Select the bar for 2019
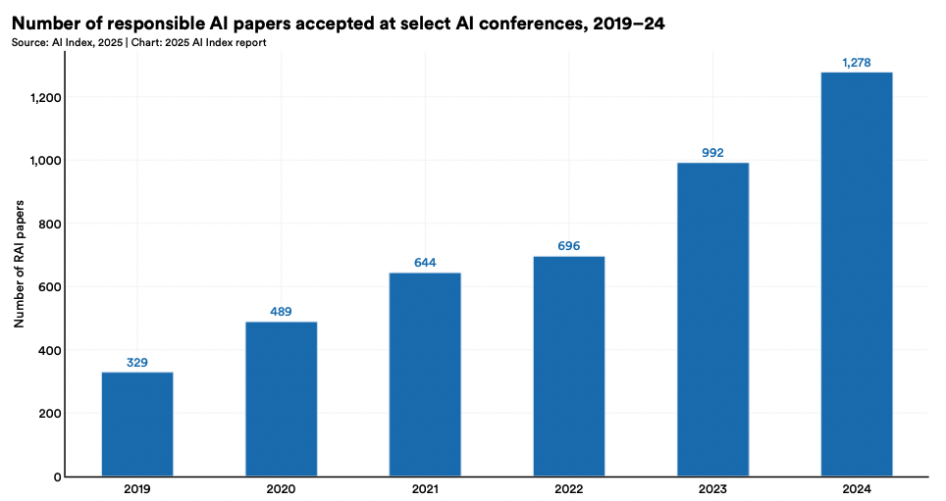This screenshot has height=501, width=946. pos(137,424)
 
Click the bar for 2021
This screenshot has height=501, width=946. pos(425,375)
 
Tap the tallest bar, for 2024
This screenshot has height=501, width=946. pos(857,275)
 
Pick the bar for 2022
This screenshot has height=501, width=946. pos(569,366)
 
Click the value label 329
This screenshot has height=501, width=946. pos(137,363)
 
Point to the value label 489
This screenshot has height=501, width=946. pos(281,312)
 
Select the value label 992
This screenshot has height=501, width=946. pos(712,153)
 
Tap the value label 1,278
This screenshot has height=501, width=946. pos(857,63)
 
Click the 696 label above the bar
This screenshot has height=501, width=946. pos(569,246)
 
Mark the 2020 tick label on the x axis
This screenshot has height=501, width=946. pos(281,489)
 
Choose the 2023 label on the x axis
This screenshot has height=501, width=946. pos(712,489)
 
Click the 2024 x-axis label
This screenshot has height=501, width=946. pos(857,489)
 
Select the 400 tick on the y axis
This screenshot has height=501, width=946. pos(49,350)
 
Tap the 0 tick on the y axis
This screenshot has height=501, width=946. pos(57,476)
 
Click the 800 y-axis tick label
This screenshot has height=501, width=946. pos(49,224)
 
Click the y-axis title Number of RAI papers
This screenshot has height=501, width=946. pos(19,265)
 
